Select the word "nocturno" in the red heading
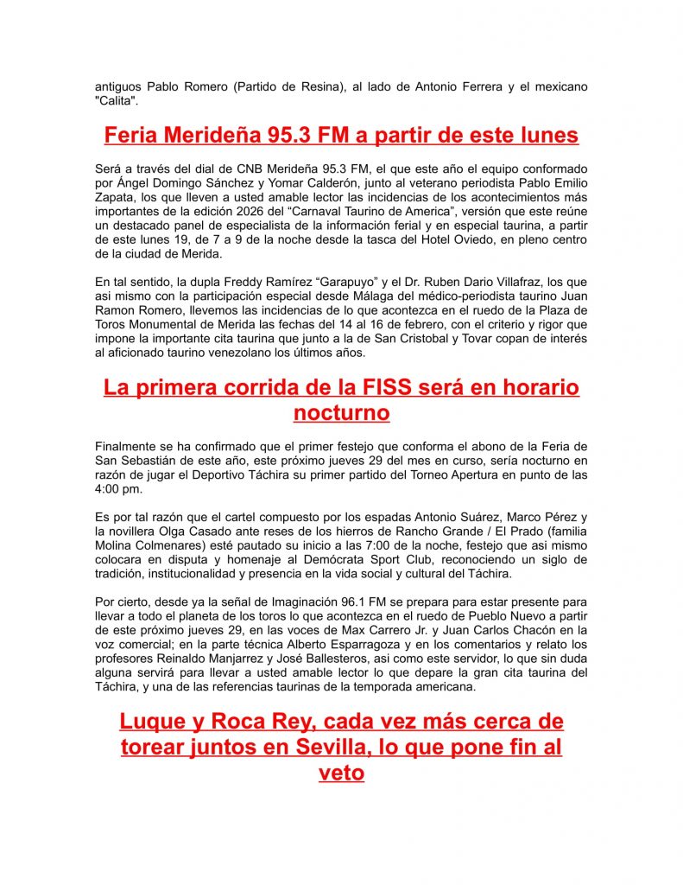(x=341, y=413)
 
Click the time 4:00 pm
(x=117, y=489)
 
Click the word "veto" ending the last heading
(x=341, y=773)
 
